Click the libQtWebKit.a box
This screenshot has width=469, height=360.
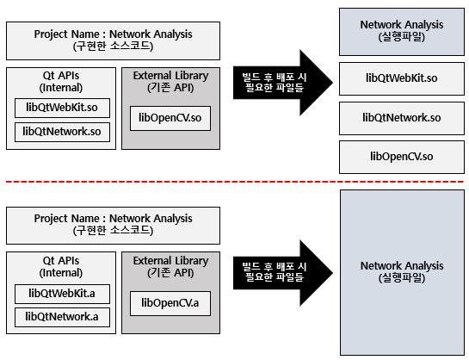62,294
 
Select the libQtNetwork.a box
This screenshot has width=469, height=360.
62,317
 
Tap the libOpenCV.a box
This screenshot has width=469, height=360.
170,303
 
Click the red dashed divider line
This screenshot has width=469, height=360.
235,182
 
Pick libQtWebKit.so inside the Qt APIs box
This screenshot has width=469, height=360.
62,108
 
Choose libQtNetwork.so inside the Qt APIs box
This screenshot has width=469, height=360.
62,132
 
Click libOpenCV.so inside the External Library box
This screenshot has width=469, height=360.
170,118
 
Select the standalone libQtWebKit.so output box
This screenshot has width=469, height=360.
402,78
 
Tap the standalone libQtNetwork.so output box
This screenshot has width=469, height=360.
402,118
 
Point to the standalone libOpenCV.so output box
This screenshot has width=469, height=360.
402,157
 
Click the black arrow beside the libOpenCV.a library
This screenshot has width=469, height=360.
282,273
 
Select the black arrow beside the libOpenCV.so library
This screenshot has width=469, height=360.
282,83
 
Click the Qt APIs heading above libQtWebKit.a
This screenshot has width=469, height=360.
61,267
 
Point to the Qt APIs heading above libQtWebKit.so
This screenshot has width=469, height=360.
61,82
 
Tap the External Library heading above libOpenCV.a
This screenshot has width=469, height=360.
170,267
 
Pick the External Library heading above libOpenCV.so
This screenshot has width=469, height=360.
170,82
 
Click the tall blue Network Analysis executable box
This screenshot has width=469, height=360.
402,272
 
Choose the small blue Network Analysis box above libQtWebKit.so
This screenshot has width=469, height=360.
402,32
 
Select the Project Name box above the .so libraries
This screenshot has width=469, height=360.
113,40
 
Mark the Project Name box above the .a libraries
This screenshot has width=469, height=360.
113,226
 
